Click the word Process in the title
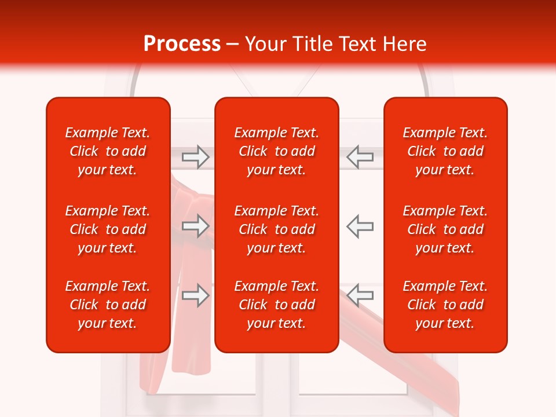(x=181, y=44)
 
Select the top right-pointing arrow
(x=196, y=156)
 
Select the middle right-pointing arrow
(x=196, y=226)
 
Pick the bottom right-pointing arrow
(x=196, y=295)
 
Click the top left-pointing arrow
(x=360, y=156)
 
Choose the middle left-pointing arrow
(x=360, y=226)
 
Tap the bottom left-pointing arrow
(x=360, y=295)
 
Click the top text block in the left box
(x=108, y=151)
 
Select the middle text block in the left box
(x=108, y=229)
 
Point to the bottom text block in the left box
(x=108, y=305)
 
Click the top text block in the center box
(x=276, y=151)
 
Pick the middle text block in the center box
(x=276, y=229)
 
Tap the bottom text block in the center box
(x=276, y=305)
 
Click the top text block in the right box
(x=445, y=151)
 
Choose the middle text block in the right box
(x=445, y=229)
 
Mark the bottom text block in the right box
(x=445, y=305)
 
